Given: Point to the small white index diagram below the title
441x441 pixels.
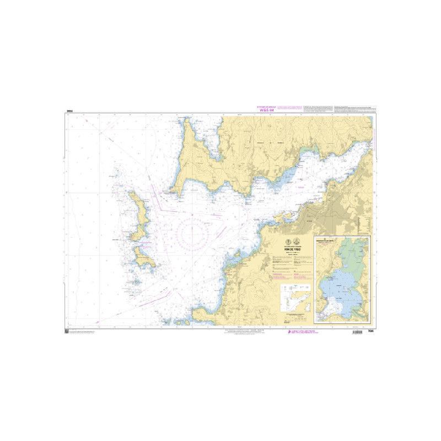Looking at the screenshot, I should [292, 300].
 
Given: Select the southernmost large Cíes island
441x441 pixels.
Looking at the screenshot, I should [145, 259].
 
